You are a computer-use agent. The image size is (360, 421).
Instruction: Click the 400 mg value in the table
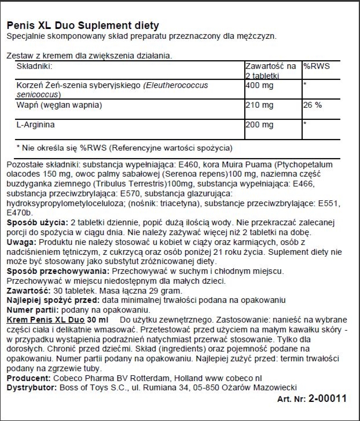click(x=258, y=85)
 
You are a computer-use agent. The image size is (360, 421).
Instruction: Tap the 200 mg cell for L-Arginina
click(x=258, y=124)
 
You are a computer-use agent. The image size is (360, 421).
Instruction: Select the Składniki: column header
click(x=36, y=67)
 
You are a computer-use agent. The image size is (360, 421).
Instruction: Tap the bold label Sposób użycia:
click(x=36, y=224)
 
